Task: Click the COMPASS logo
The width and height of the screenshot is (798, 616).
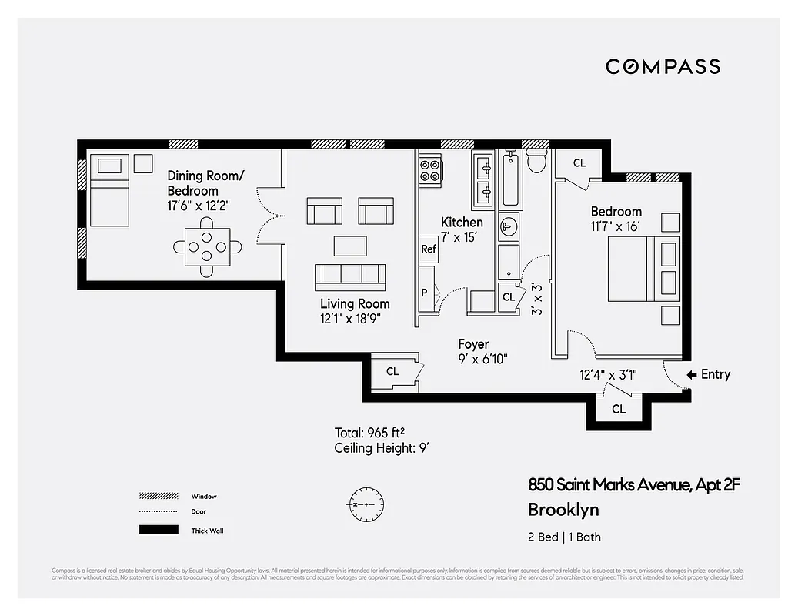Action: (663, 66)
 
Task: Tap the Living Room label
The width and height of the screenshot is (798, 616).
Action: (355, 303)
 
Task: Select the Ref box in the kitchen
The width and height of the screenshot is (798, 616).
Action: (429, 249)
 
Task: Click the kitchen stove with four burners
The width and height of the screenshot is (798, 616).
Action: (430, 170)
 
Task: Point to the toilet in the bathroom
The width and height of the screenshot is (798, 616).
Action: (536, 162)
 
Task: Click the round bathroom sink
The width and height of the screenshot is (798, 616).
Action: (509, 226)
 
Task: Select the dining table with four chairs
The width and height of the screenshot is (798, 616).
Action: (207, 246)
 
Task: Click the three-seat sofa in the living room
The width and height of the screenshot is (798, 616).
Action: (350, 275)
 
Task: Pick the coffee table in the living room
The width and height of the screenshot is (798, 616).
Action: (350, 245)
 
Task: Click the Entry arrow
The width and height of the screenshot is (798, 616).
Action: (692, 374)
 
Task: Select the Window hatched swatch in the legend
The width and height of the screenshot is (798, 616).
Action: (159, 496)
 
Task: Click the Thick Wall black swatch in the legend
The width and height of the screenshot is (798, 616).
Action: (159, 530)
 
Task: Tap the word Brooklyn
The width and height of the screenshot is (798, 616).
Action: (563, 510)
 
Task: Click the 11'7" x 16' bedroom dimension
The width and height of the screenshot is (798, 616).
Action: (616, 226)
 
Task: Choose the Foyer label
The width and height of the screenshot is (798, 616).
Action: (473, 344)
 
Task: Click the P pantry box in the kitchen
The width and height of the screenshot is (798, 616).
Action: (424, 293)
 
